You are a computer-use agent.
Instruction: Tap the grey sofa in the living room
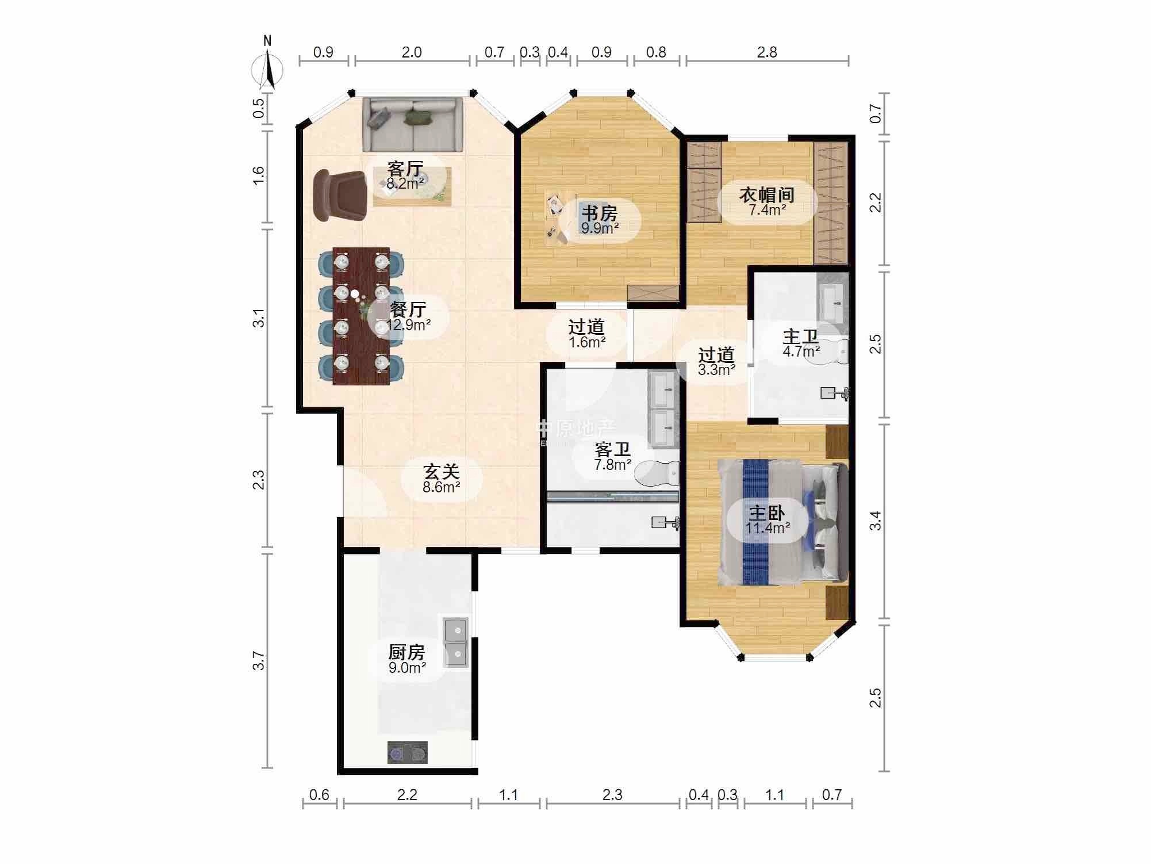pos(412,124)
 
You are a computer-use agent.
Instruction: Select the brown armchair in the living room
pos(339,195)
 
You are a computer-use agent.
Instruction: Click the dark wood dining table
pos(361,316)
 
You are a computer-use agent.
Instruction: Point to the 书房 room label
pos(599,213)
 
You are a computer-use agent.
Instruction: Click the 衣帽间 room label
pos(767,195)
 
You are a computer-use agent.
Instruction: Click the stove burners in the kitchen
pos(407,752)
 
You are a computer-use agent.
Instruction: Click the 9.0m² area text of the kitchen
pos(407,668)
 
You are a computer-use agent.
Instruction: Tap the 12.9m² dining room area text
pos(409,325)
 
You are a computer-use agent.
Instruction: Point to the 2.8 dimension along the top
pos(767,52)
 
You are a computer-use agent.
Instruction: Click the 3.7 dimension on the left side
pos(259,660)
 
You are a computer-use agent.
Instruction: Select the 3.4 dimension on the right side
pos(875,521)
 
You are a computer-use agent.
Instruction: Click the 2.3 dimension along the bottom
pos(612,795)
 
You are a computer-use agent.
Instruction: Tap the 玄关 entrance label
pos(441,472)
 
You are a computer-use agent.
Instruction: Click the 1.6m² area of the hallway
pos(587,343)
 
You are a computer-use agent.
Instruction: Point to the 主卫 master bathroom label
pos(800,337)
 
